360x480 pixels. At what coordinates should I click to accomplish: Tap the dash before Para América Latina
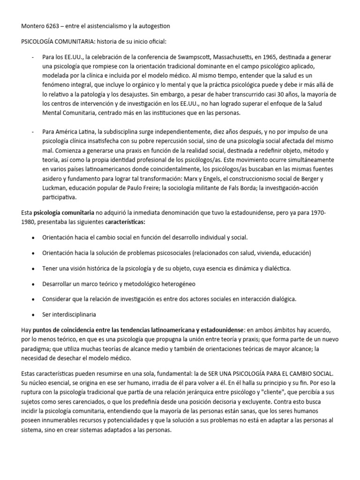click(32, 132)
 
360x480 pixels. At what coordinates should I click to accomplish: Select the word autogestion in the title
click(151, 25)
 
